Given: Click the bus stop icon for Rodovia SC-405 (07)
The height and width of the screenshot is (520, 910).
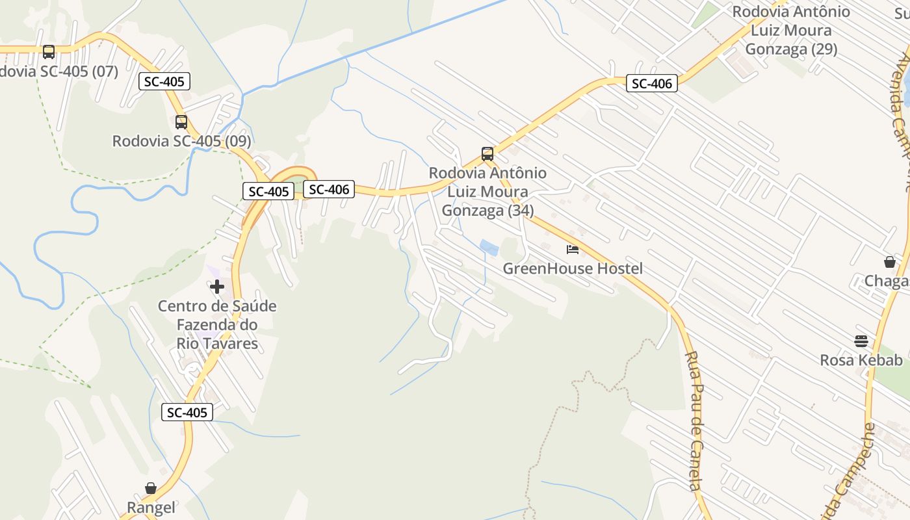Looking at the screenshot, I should point(49,51).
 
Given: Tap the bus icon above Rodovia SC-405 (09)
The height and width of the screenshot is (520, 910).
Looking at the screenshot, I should point(181,122).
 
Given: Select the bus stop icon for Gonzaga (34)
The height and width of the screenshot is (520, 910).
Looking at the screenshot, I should point(487,154).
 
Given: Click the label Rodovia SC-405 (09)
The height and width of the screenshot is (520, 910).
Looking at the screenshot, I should point(181,141).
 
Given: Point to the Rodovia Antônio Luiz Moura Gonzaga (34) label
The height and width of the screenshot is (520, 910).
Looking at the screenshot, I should point(487,192).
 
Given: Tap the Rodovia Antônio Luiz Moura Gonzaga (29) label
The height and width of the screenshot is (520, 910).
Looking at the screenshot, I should point(791,31).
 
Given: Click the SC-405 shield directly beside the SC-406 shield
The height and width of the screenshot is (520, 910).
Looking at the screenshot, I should point(268,192).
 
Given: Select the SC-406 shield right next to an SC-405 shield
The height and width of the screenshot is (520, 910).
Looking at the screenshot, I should point(329,189).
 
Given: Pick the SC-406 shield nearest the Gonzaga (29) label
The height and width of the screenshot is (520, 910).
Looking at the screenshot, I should point(652,83).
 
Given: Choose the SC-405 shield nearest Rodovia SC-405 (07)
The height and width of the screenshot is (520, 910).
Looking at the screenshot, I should point(164,81).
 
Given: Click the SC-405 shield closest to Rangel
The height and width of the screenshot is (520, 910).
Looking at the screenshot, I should point(187,412).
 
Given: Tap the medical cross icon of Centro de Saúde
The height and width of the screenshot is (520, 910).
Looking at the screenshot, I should point(217,287).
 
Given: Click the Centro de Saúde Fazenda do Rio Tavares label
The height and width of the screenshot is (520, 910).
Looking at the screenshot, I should point(217,325).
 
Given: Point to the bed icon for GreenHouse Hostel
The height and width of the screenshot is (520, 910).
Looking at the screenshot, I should point(572,250).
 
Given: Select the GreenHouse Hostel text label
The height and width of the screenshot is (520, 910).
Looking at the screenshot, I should point(573,268).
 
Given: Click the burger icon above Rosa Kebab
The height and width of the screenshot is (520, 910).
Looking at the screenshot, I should point(861,341).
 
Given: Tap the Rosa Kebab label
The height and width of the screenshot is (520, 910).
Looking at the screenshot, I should point(861,360).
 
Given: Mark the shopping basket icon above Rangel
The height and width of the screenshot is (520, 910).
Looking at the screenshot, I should point(151,488).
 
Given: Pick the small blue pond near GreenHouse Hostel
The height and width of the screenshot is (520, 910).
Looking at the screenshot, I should point(489,248).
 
